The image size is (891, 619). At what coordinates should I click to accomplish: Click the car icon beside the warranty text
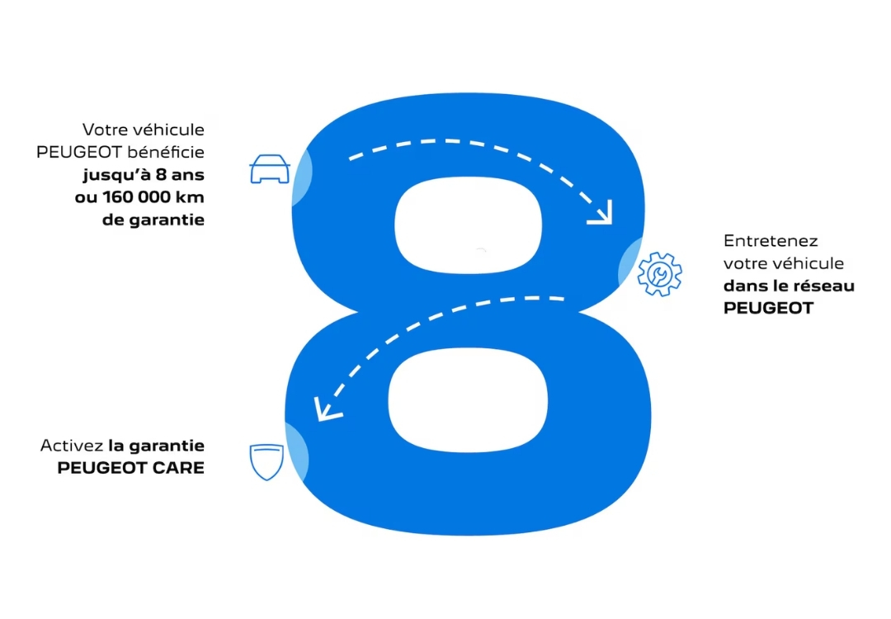(270, 168)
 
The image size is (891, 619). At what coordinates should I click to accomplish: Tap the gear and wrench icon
(660, 274)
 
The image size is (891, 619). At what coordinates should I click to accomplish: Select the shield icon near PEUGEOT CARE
(266, 462)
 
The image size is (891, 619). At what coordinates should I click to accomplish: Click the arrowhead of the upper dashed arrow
(602, 213)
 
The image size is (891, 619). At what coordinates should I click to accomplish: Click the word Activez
(71, 446)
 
